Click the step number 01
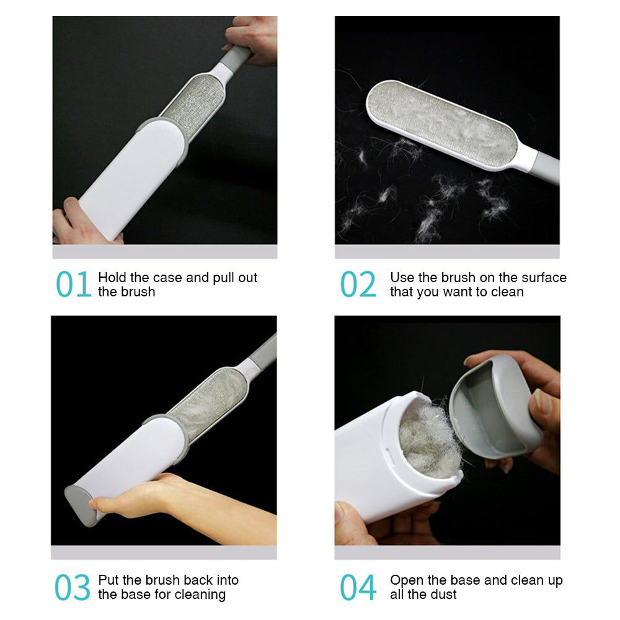(x=74, y=284)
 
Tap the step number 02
(x=358, y=284)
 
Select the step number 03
(x=73, y=587)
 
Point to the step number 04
(x=358, y=587)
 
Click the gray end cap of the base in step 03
(x=81, y=506)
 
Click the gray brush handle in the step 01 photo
(x=236, y=58)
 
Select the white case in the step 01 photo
(x=133, y=177)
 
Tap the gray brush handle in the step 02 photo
(x=546, y=167)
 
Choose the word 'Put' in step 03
(x=108, y=580)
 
